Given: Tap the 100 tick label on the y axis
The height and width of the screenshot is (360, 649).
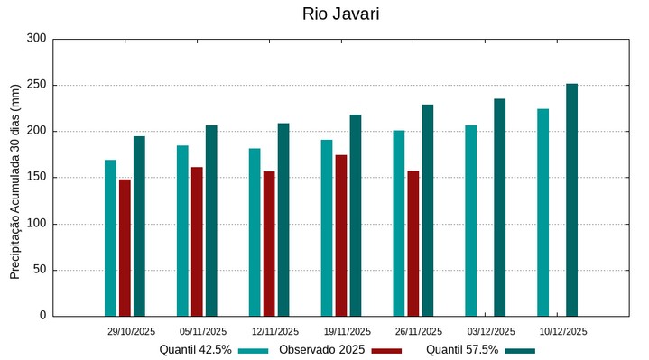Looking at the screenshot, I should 36,224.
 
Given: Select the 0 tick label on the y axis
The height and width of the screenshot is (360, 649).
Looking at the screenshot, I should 42,316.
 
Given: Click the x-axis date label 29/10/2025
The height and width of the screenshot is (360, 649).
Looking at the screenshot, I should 130,331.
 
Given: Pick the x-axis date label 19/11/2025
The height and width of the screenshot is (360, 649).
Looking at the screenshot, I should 347,331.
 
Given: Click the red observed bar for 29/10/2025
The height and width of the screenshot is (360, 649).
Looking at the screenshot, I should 125,247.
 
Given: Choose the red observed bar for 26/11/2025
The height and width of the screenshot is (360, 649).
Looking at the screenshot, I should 413,243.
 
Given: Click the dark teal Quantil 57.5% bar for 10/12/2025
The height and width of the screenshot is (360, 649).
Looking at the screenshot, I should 571,199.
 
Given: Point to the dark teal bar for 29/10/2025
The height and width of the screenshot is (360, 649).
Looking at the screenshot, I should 139,226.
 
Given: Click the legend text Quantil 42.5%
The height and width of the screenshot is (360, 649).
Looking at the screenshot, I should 195,349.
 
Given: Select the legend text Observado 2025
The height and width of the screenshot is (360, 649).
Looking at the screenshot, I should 321,349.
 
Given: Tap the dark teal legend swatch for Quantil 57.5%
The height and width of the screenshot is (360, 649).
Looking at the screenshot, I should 519,350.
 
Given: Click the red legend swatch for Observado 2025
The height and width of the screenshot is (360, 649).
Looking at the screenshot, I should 385,350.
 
